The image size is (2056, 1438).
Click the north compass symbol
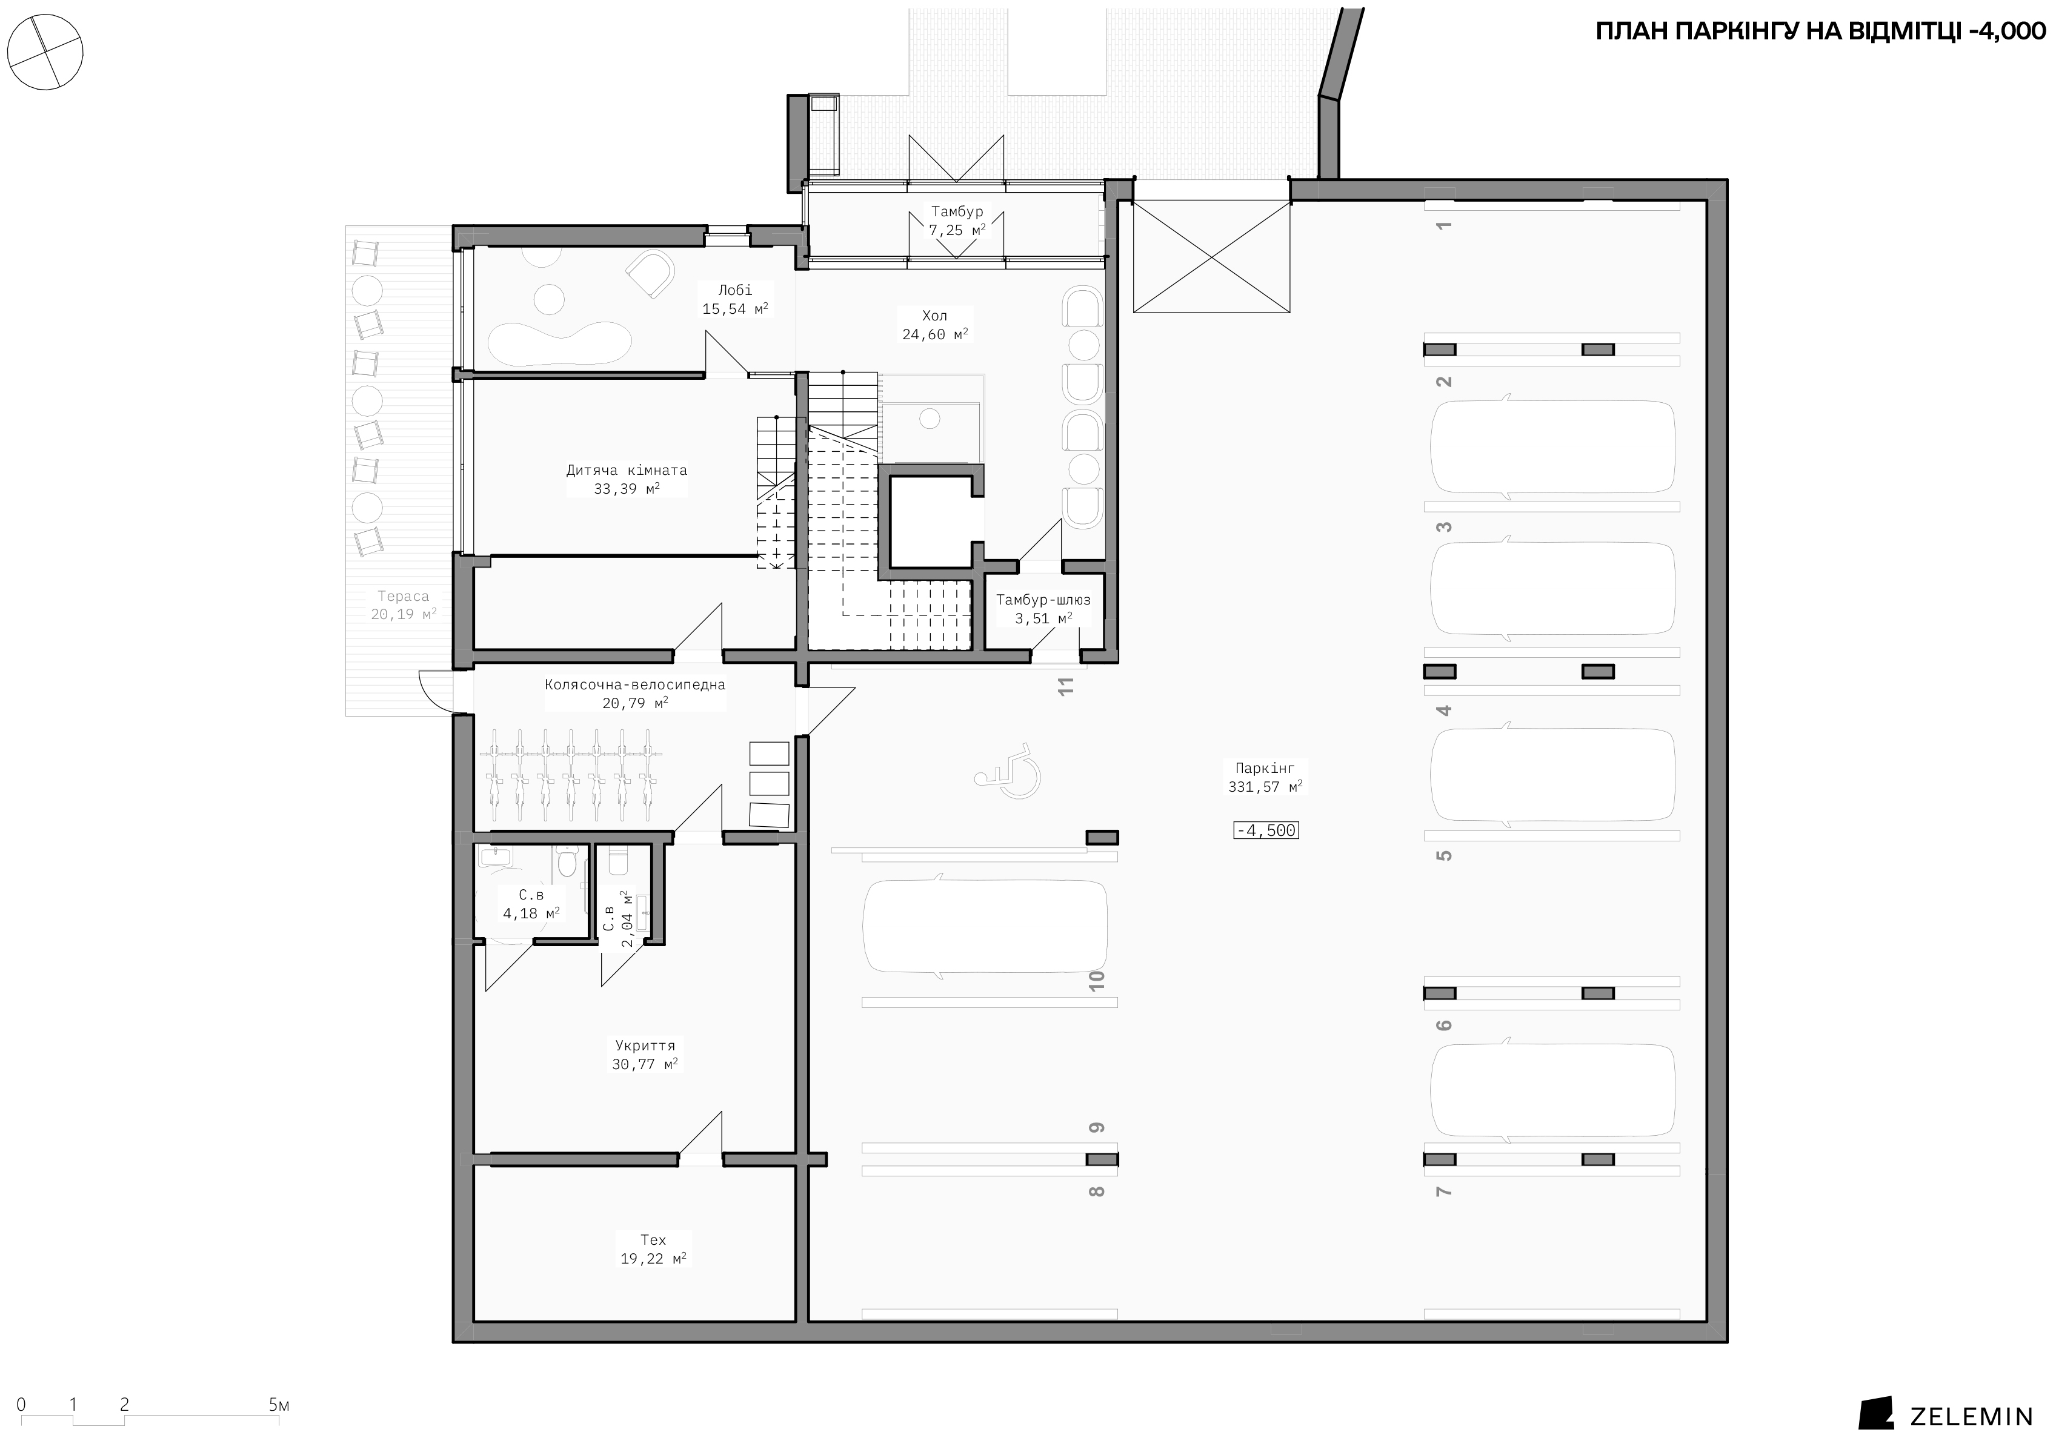click(x=45, y=51)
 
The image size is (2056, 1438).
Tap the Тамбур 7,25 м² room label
click(x=957, y=221)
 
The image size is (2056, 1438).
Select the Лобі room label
click(x=735, y=299)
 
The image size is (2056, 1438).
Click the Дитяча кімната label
click(x=627, y=479)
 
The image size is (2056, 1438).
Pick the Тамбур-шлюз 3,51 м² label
click(x=1043, y=609)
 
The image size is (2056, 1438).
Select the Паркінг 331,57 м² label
click(x=1265, y=777)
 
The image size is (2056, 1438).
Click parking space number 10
click(x=1097, y=981)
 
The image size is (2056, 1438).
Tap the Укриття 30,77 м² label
click(x=645, y=1055)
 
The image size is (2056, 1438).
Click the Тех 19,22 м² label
click(x=654, y=1249)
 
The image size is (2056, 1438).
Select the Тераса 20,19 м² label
click(x=404, y=605)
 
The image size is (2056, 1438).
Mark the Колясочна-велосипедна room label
click(x=635, y=694)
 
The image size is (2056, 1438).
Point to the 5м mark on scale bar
click(x=279, y=1405)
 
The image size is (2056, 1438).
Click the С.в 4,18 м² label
click(x=531, y=904)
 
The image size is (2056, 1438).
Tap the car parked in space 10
click(x=985, y=927)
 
